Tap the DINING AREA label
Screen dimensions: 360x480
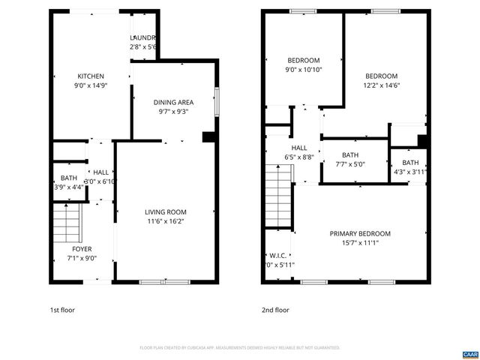pos(173,102)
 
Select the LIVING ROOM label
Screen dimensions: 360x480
pos(166,212)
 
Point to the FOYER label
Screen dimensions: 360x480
pos(82,248)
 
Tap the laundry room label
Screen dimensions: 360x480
pos(142,37)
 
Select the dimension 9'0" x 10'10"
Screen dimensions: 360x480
pos(303,70)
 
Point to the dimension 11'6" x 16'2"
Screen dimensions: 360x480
pos(166,222)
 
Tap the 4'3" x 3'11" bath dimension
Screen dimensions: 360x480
pos(410,172)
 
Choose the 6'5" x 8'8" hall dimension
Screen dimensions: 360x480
pos(298,157)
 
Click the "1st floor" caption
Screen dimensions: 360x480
pos(62,310)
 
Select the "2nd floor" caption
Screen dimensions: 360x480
pos(275,310)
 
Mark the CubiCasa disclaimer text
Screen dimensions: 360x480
pos(240,348)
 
